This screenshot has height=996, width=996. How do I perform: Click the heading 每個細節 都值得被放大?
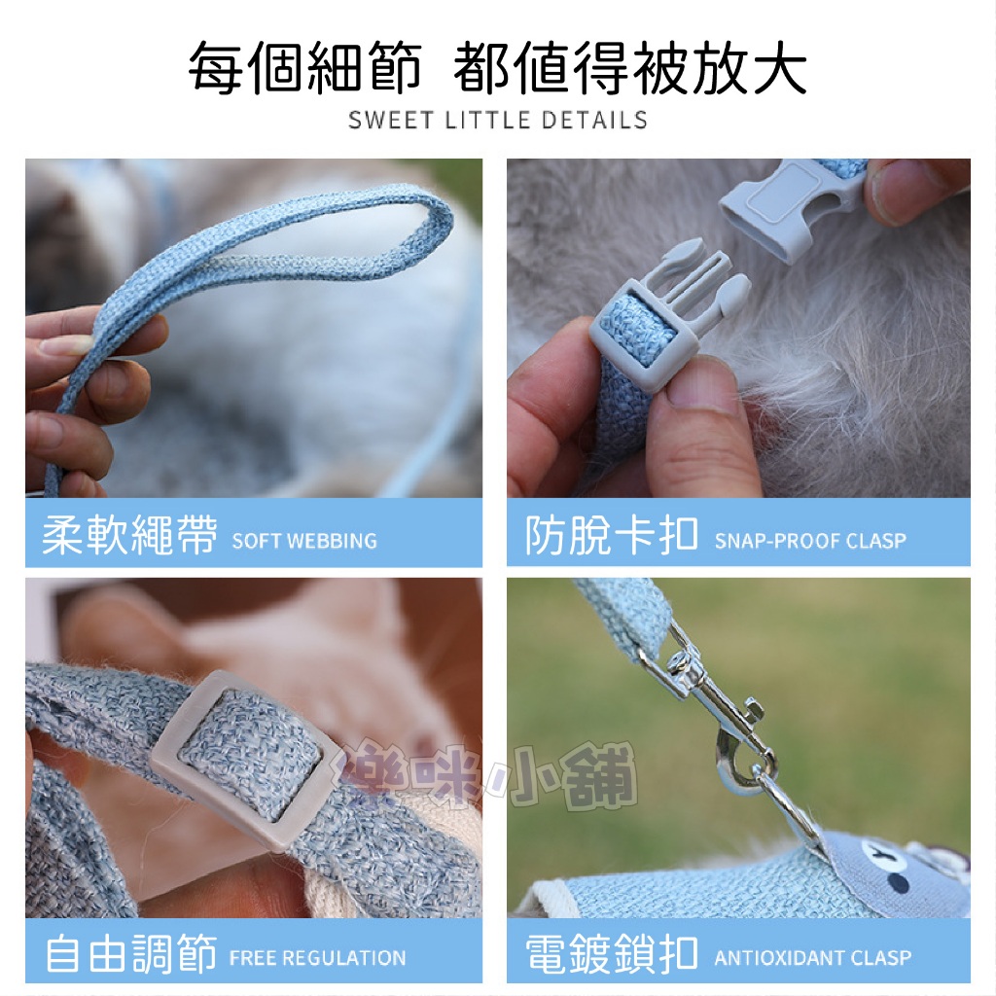[x=497, y=67]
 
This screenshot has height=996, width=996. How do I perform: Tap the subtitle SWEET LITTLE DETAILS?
[x=498, y=120]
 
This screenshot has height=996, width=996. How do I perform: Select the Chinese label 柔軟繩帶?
[x=129, y=534]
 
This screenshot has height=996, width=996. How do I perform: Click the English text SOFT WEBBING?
[x=304, y=541]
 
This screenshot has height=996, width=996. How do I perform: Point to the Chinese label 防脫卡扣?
[x=612, y=534]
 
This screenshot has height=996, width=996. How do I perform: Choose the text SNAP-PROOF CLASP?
[x=810, y=541]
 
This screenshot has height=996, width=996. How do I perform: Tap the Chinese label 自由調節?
[x=131, y=953]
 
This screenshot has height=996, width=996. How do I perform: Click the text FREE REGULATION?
[x=318, y=958]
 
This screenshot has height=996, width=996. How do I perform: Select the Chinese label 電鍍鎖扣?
[x=612, y=953]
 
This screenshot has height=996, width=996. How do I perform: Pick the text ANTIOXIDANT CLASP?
[x=813, y=957]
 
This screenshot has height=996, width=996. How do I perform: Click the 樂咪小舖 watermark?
[x=488, y=775]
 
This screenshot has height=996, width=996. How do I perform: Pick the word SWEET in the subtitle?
[x=390, y=120]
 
